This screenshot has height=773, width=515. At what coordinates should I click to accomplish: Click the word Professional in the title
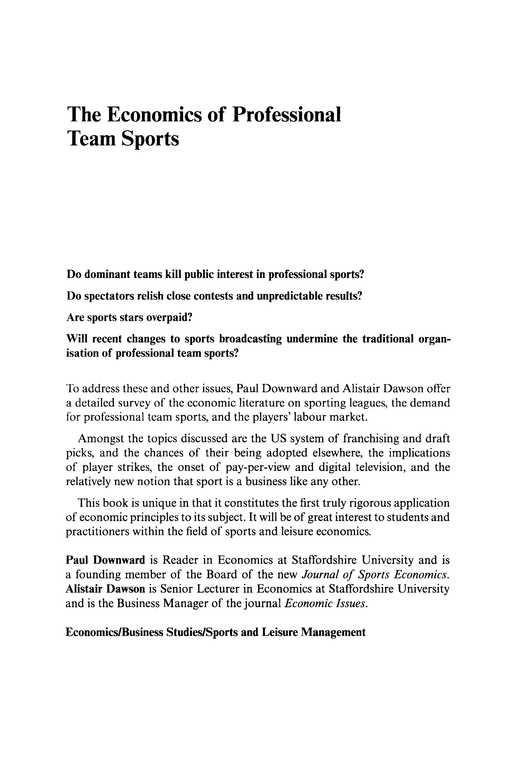[x=286, y=115]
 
